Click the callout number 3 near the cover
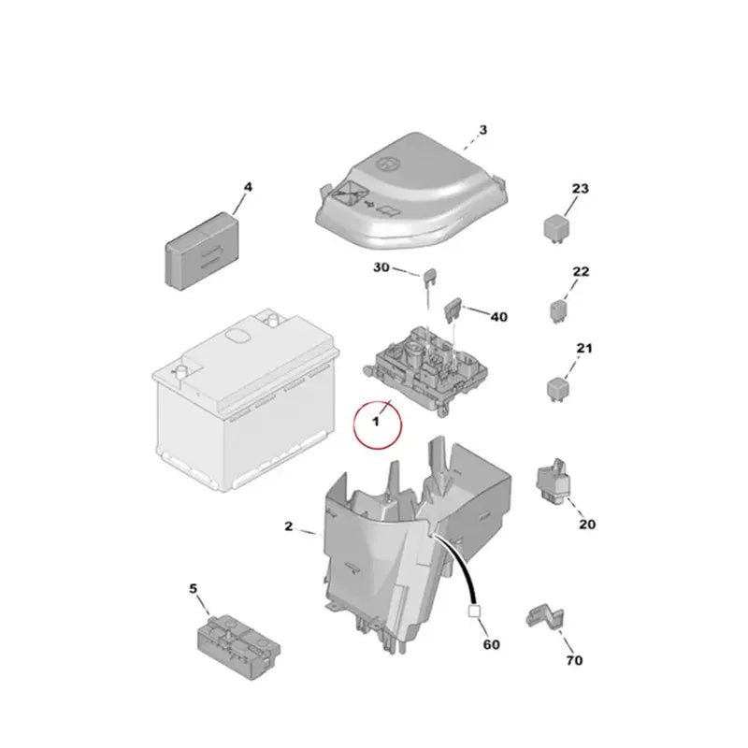point(482,130)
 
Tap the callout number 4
point(248,187)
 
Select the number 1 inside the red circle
point(376,422)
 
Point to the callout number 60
point(492,644)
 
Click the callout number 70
point(574,660)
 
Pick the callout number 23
point(580,189)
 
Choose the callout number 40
point(499,317)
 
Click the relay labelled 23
point(555,228)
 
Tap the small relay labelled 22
point(558,311)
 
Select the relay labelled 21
point(556,390)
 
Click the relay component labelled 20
point(553,481)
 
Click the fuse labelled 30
point(428,279)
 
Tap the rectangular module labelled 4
point(202,251)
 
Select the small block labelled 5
point(238,647)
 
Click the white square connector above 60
point(474,611)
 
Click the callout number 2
point(288,526)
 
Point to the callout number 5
point(193,589)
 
